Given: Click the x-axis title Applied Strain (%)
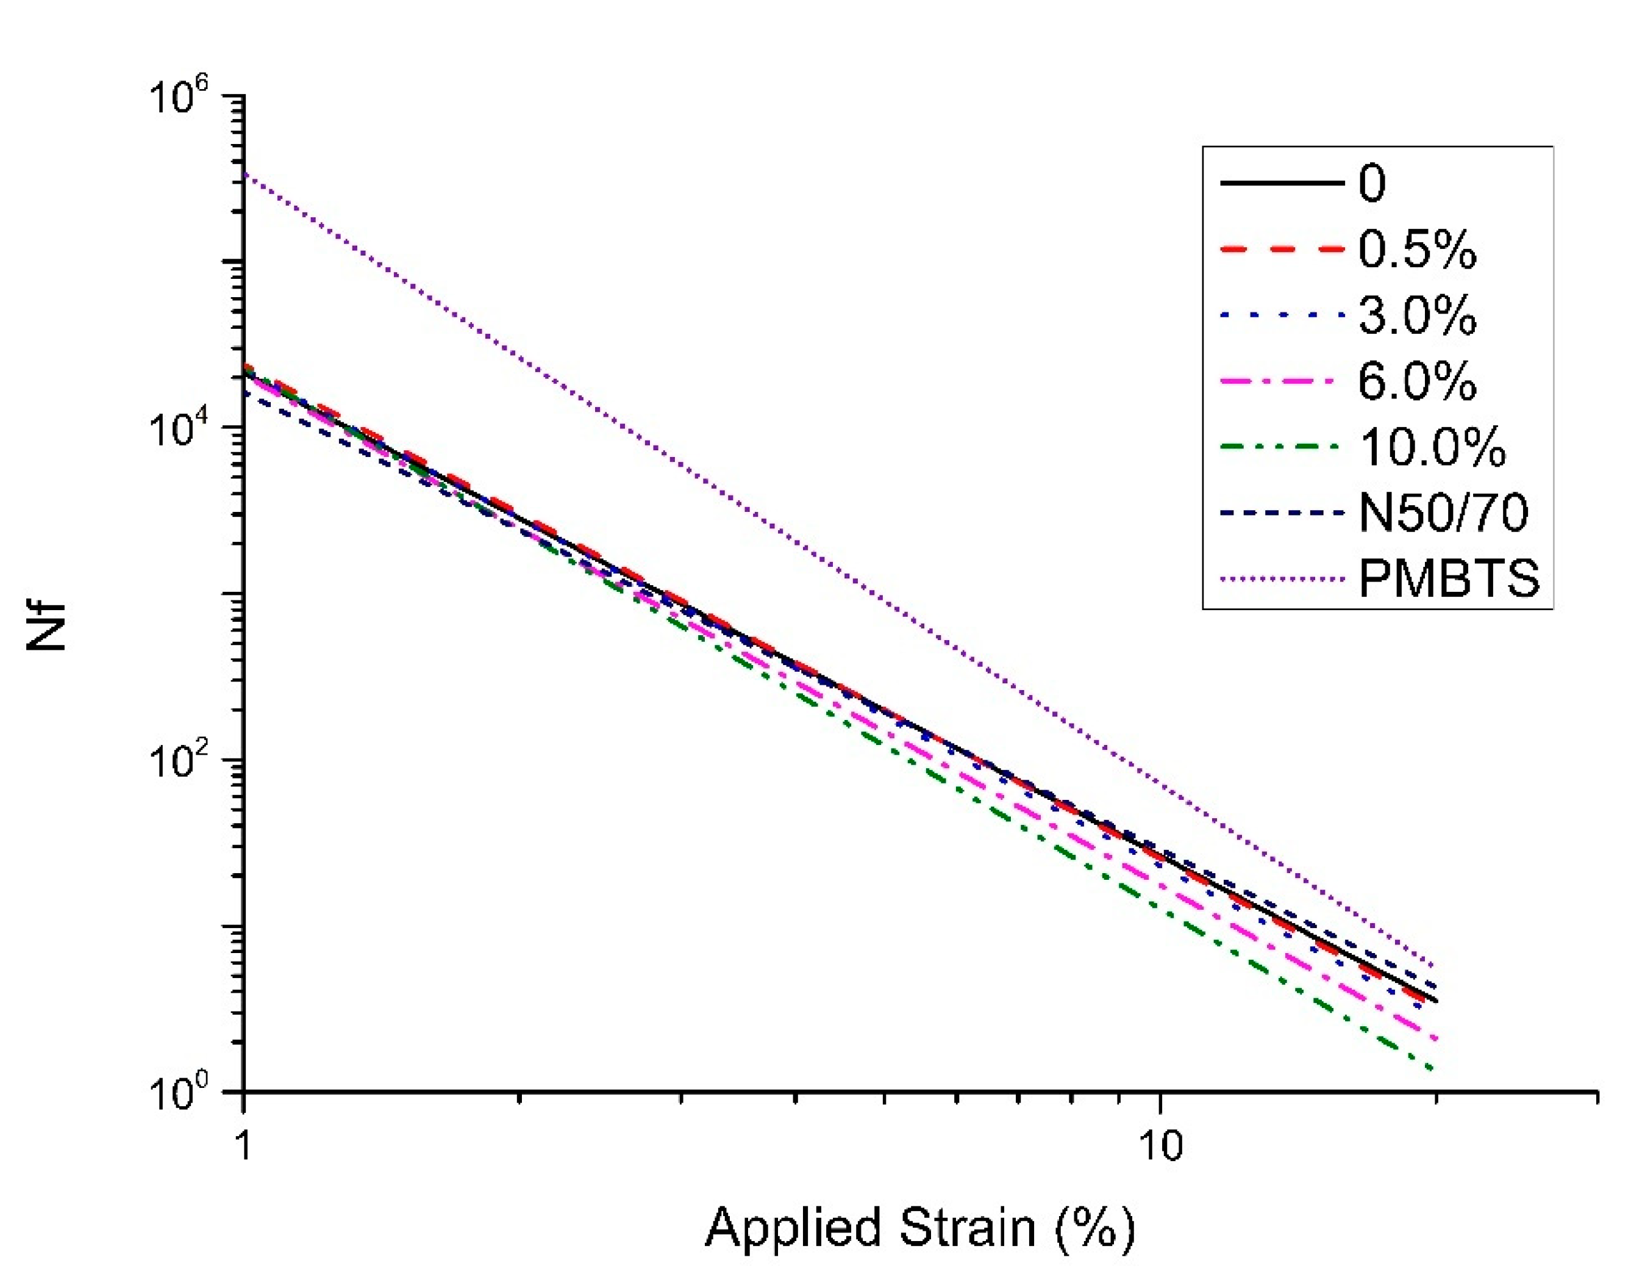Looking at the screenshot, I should click(x=919, y=1227).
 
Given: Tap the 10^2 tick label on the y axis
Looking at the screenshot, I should click(x=180, y=761).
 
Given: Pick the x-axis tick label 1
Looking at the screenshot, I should click(x=243, y=1145).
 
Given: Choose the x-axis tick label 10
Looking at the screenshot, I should click(x=1160, y=1145).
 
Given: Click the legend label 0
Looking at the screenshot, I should click(x=1372, y=183).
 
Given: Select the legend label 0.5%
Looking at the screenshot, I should click(x=1416, y=249).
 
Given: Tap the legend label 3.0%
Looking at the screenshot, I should click(x=1416, y=315).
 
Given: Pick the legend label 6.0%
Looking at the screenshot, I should click(x=1416, y=381).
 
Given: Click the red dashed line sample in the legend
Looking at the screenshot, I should click(x=1281, y=249).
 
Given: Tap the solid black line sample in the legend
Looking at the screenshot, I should click(x=1281, y=183).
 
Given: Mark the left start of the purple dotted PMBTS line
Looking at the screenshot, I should click(x=246, y=174).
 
